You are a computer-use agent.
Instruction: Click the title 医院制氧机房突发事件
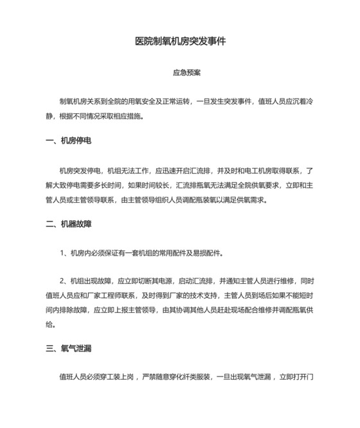180,41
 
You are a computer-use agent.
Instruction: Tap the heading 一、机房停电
68,140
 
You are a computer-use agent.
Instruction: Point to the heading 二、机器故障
68,224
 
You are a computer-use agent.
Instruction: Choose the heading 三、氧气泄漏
68,349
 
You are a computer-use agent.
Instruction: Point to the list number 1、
64,253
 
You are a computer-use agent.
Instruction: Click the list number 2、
64,281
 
